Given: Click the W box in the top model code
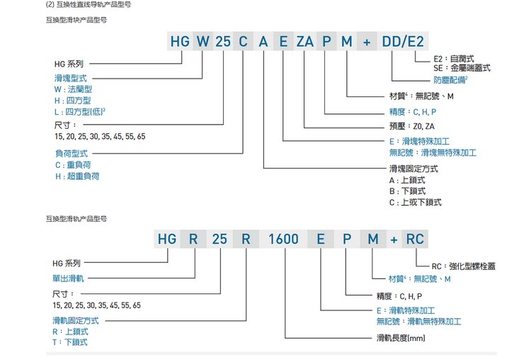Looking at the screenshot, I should click(202, 41).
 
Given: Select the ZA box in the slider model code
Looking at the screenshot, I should click(305, 41).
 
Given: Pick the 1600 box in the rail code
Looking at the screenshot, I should click(283, 238).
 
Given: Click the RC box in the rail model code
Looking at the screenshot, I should click(414, 238).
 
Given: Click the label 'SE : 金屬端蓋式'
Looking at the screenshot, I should click(461, 69).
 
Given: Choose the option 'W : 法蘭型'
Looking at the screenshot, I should click(74, 90).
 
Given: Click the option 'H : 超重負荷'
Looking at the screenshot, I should click(77, 176).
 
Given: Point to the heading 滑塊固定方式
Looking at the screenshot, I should click(413, 169).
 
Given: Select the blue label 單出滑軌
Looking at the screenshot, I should click(69, 279).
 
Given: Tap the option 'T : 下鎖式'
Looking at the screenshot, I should click(70, 342).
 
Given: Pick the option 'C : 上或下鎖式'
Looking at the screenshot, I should click(415, 202).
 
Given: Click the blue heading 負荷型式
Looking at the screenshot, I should click(72, 152).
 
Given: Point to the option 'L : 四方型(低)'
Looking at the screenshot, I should click(80, 112).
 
